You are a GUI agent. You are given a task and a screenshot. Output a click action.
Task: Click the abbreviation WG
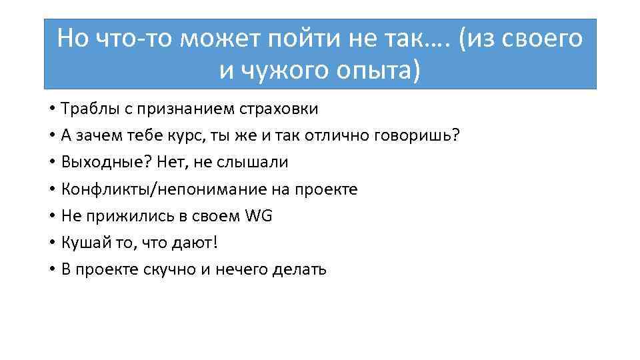click(259, 216)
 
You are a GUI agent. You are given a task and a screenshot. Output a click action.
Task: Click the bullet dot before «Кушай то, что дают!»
click(51, 243)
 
